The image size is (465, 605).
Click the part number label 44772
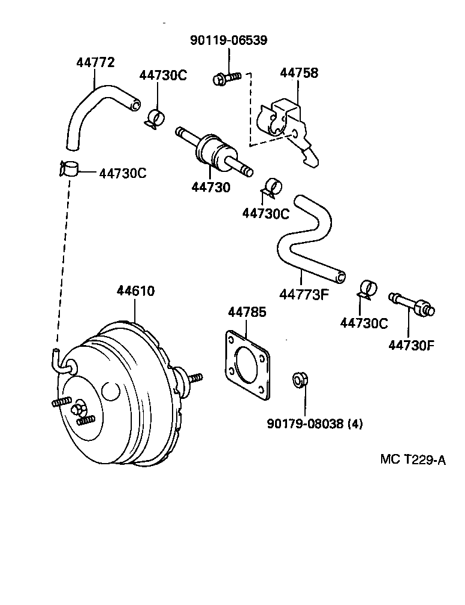(95, 62)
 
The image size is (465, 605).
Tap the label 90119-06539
(228, 41)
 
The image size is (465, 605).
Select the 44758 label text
(299, 73)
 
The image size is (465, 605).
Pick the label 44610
(135, 291)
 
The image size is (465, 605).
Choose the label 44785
(247, 313)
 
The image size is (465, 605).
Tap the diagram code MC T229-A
(413, 459)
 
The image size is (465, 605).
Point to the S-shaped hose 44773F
(306, 240)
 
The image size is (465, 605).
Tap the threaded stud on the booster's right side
(195, 379)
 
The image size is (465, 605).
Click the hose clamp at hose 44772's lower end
(70, 168)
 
